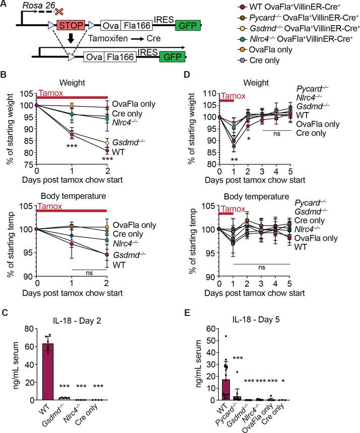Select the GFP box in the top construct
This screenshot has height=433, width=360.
(x=188, y=24)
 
